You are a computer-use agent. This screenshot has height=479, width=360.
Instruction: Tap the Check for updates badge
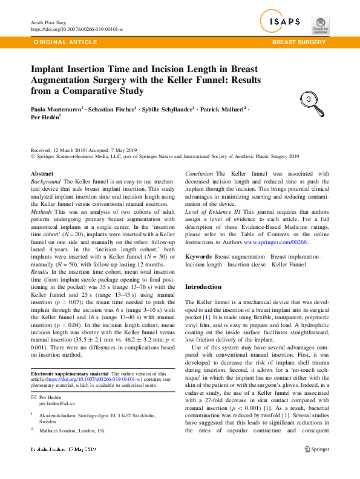pos(320,24)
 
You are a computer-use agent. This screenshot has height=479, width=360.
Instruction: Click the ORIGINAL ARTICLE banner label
pos(66,42)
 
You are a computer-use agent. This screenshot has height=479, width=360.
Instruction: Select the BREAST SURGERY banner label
pos(299,42)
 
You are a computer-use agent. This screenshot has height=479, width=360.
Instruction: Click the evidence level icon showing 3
pos(309,99)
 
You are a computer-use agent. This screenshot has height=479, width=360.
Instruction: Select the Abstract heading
pos(42,174)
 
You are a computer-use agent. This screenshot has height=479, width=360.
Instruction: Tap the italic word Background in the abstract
pos(45,182)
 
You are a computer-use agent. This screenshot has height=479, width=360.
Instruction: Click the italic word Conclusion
pos(198,174)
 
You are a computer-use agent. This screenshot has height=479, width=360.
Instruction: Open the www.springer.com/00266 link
pos(276,242)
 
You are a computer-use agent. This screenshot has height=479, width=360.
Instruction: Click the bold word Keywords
pos(198,257)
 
